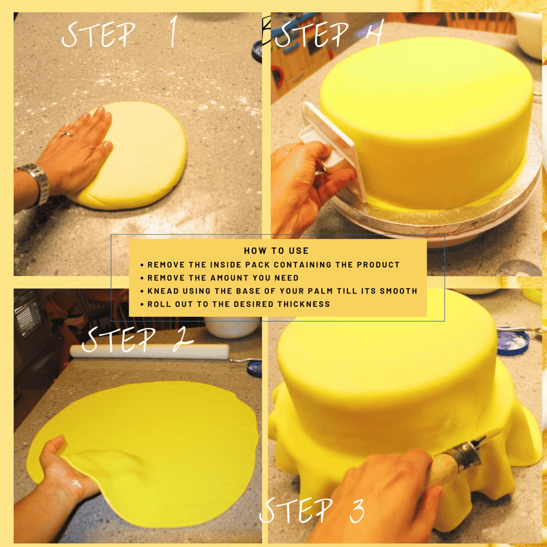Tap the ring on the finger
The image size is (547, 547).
point(66,134)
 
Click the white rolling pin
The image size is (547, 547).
point(149,351)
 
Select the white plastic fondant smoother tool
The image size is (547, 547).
point(331,150)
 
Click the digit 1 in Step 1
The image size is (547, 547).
point(173,32)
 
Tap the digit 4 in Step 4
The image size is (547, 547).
point(375,32)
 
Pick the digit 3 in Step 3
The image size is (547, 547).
point(357,510)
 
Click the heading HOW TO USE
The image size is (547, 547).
point(276,250)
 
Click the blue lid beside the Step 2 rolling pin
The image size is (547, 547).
point(254,369)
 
